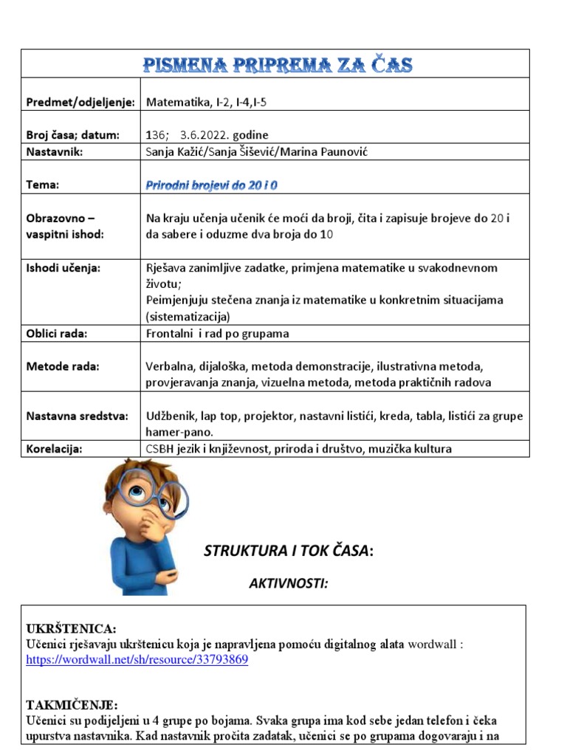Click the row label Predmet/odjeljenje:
[x=80, y=103]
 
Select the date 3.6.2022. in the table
[x=204, y=135]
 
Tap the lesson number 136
[x=157, y=135]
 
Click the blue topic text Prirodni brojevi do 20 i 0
[x=212, y=185]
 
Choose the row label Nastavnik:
[x=55, y=151]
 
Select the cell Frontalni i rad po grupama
[x=218, y=333]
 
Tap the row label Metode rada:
[x=63, y=366]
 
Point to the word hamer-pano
[x=179, y=432]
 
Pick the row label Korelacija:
[x=54, y=449]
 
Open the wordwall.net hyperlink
[x=137, y=660]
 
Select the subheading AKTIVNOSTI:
[x=288, y=583]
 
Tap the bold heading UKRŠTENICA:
[x=72, y=628]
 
